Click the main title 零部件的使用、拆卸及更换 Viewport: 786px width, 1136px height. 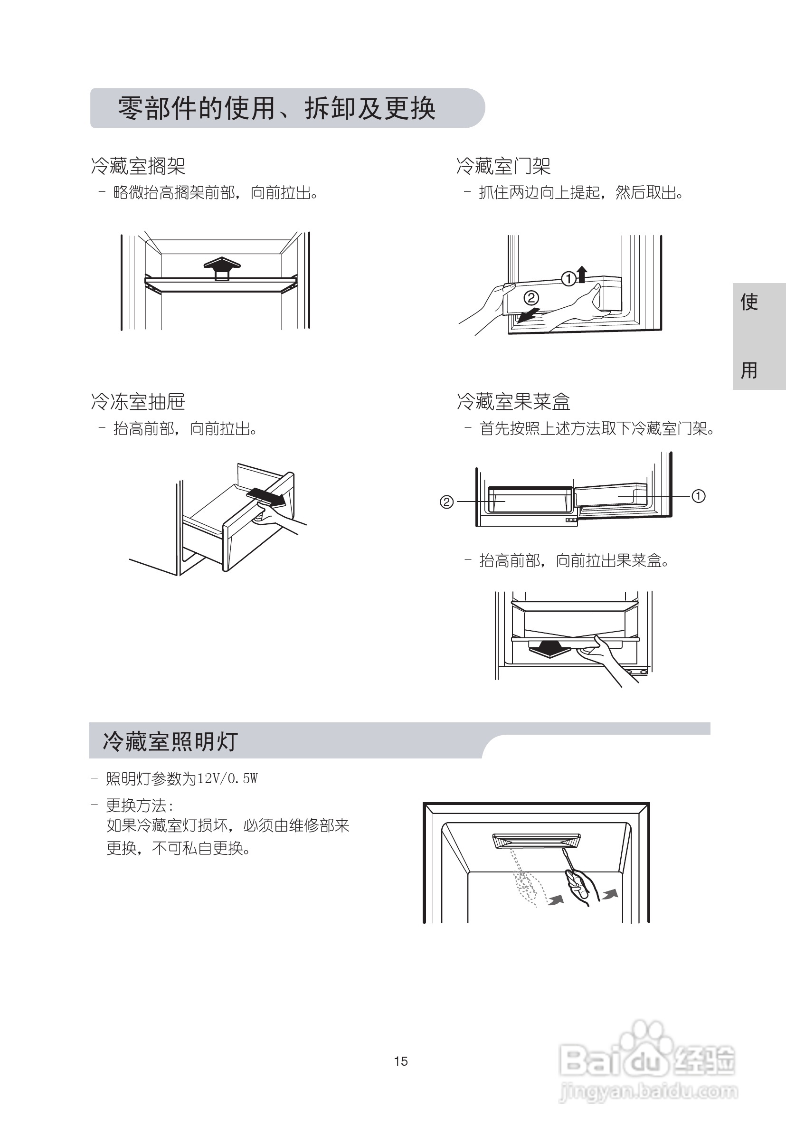277,108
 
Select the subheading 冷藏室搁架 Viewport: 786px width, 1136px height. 138,166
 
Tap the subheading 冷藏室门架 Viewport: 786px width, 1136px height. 503,166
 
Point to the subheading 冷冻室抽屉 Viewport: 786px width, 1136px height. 138,402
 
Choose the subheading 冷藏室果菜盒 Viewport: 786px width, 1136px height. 513,402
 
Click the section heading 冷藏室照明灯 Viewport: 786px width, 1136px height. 170,741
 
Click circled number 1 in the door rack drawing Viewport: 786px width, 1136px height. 569,279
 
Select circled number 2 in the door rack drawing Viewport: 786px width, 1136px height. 531,298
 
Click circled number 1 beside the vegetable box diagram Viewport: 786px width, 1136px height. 698,496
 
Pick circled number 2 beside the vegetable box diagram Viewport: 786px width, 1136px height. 446,502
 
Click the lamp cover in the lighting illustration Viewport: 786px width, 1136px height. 536,841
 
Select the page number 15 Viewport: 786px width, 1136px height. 401,1061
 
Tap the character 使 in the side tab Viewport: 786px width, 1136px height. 749,302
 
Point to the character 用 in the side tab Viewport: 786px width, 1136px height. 749,370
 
